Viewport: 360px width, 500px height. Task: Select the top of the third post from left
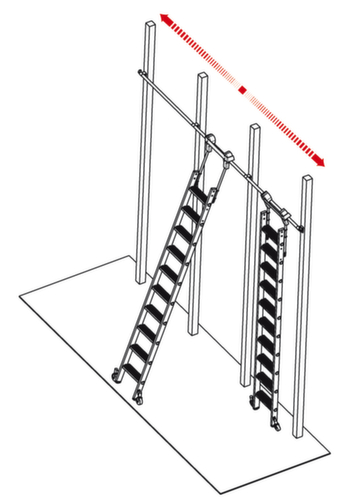253,128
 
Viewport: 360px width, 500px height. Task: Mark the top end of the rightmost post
306,181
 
